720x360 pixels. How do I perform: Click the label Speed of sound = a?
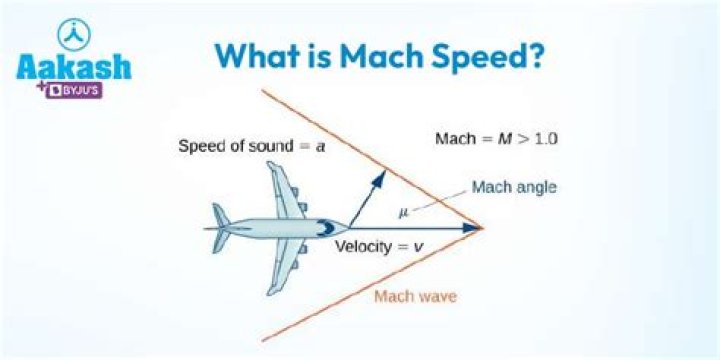[x=252, y=146]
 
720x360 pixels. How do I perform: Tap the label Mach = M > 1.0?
[x=495, y=137]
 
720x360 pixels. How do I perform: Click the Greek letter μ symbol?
[x=403, y=211]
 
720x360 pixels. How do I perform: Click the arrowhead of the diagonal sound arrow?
[x=381, y=176]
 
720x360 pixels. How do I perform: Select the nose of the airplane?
[x=345, y=228]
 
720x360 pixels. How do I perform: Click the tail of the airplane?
[x=220, y=228]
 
